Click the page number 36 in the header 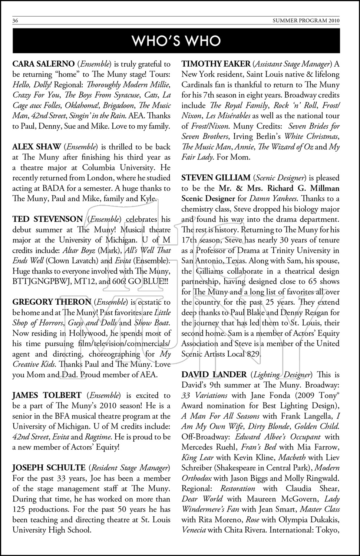coord(16,21)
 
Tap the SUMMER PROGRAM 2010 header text coord(312,21)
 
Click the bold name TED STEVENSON coord(47,219)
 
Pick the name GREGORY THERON coord(52,302)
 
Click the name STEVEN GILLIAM coord(215,178)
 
